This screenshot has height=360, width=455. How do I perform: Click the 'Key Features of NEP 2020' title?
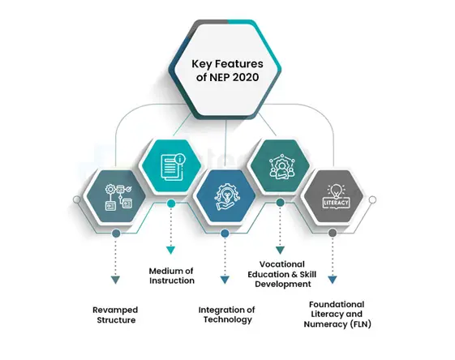pyautogui.click(x=227, y=71)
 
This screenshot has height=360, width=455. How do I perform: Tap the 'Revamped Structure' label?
pyautogui.click(x=115, y=315)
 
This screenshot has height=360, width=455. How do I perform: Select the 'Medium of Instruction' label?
pyautogui.click(x=171, y=276)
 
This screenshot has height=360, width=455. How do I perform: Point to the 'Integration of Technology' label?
pyautogui.click(x=226, y=315)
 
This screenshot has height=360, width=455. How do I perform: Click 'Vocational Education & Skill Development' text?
pyautogui.click(x=282, y=274)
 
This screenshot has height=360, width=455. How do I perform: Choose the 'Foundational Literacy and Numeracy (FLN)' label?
pyautogui.click(x=337, y=314)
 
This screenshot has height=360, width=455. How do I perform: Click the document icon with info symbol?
pyautogui.click(x=173, y=167)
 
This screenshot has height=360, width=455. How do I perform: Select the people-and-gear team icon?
pyautogui.click(x=281, y=167)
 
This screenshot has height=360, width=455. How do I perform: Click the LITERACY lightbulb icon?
pyautogui.click(x=336, y=197)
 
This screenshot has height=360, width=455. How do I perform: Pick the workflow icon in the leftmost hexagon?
pyautogui.click(x=119, y=197)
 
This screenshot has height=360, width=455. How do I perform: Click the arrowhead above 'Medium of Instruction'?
pyautogui.click(x=170, y=250)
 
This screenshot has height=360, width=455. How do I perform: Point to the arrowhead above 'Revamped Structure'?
pyautogui.click(x=115, y=280)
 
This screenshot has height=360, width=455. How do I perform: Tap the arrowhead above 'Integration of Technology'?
pyautogui.click(x=225, y=280)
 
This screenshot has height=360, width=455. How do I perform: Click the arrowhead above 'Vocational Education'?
pyautogui.click(x=280, y=250)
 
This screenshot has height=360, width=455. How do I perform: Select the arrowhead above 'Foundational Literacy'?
pyautogui.click(x=333, y=280)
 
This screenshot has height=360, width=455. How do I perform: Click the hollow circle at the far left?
pyautogui.click(x=76, y=199)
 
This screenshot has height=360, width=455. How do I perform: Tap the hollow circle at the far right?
pyautogui.click(x=372, y=199)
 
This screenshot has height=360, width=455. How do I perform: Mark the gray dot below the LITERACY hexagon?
pyautogui.click(x=333, y=233)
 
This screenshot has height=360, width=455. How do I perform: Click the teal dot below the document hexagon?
pyautogui.click(x=171, y=204)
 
